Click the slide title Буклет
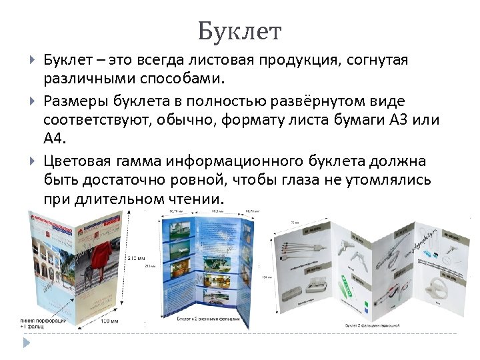click(240, 31)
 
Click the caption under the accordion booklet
click(376, 325)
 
